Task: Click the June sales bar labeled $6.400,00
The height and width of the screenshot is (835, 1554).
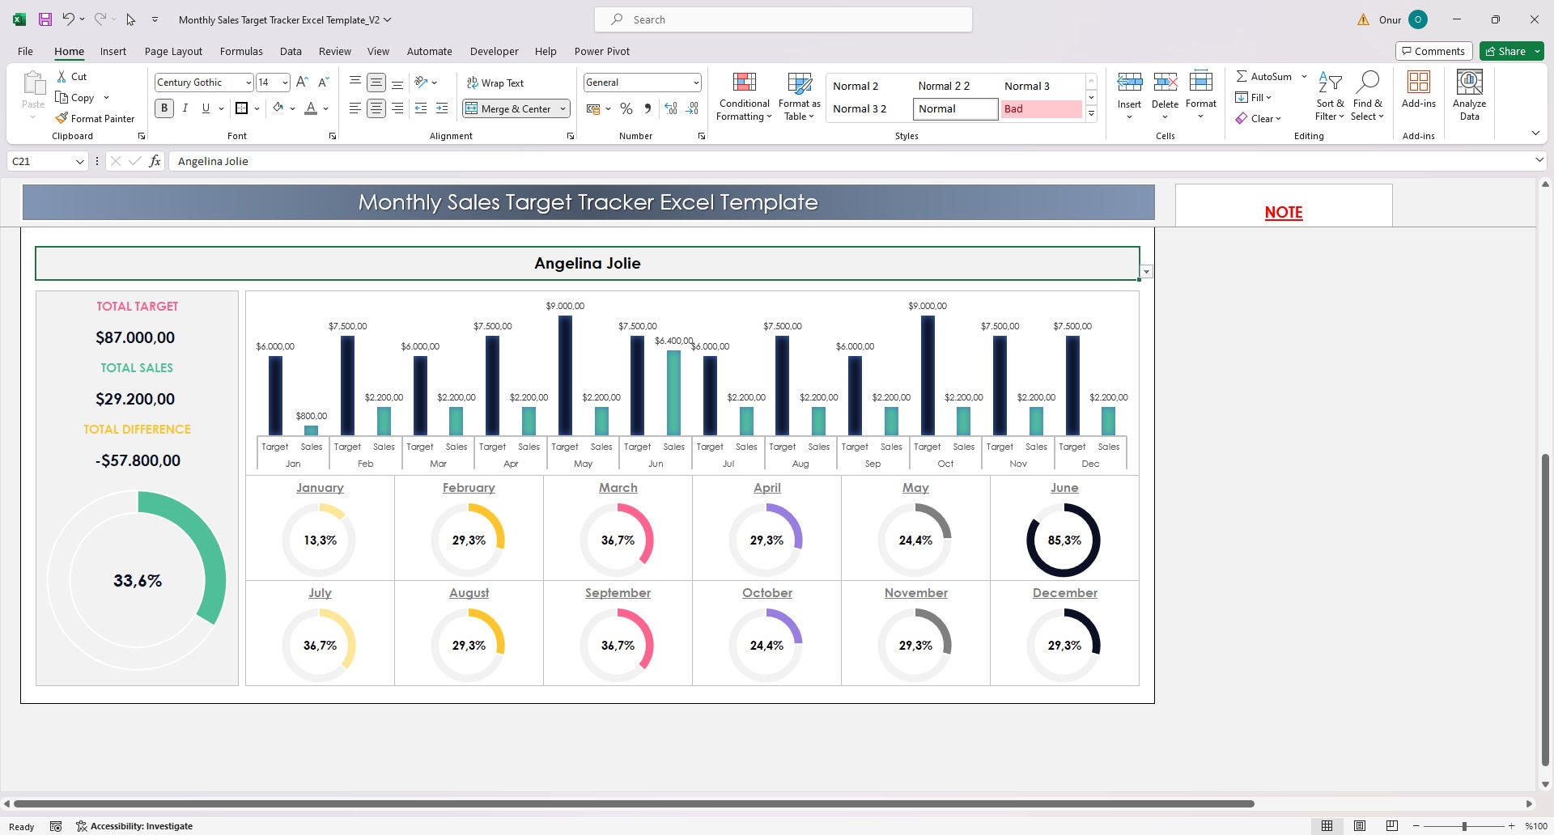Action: pyautogui.click(x=673, y=392)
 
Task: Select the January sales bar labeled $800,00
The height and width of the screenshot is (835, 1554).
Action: pyautogui.click(x=311, y=430)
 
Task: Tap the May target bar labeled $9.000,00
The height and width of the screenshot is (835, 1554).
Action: pyautogui.click(x=565, y=375)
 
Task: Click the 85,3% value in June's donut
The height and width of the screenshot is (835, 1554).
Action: pyautogui.click(x=1064, y=540)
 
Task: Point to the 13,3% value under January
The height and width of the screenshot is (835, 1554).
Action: pyautogui.click(x=320, y=540)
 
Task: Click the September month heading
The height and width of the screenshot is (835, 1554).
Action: pyautogui.click(x=618, y=593)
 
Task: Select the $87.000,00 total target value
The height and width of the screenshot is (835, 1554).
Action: pyautogui.click(x=135, y=337)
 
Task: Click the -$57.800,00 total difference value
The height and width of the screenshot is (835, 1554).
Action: pyautogui.click(x=138, y=460)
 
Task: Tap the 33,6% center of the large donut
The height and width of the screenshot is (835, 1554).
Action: pyautogui.click(x=138, y=581)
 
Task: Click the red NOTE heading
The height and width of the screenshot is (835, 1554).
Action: pyautogui.click(x=1283, y=212)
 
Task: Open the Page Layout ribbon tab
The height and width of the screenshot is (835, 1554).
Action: pyautogui.click(x=173, y=51)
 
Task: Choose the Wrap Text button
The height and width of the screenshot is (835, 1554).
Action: pyautogui.click(x=495, y=83)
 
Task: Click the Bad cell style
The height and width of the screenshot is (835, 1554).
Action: pyautogui.click(x=1040, y=108)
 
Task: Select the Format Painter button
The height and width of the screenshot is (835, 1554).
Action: pyautogui.click(x=95, y=118)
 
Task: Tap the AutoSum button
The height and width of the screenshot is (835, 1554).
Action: pyautogui.click(x=1263, y=76)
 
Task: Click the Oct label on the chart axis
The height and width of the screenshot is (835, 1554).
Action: pyautogui.click(x=945, y=464)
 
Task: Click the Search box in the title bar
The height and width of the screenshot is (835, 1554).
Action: pyautogui.click(x=783, y=19)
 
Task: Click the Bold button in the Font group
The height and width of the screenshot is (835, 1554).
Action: pyautogui.click(x=164, y=108)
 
